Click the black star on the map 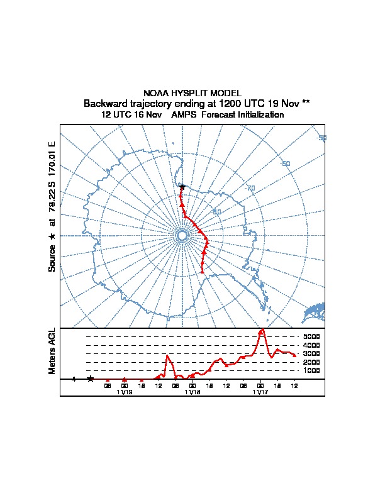tap(182, 187)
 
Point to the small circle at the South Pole tap(182, 235)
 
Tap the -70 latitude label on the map tap(250, 188)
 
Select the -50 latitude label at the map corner tap(321, 138)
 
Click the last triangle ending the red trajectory tap(202, 272)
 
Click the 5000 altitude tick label tap(312, 337)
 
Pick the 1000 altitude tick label tap(312, 371)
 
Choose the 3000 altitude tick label tap(312, 354)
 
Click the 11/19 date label tap(125, 392)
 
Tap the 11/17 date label tap(260, 392)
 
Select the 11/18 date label tap(192, 392)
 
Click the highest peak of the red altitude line tap(262, 329)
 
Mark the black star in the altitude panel tap(91, 379)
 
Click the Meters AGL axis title tap(52, 351)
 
